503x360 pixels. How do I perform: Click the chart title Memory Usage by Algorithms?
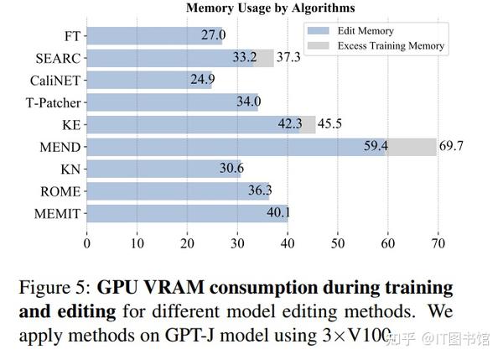(x=270, y=8)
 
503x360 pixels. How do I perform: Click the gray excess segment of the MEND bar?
(x=411, y=147)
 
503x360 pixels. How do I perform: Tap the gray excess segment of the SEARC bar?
(x=264, y=58)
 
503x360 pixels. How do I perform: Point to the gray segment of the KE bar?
(x=307, y=125)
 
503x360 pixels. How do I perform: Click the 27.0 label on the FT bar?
(x=213, y=36)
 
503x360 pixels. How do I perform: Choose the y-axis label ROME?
(x=60, y=191)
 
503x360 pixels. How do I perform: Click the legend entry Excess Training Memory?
(x=391, y=45)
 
